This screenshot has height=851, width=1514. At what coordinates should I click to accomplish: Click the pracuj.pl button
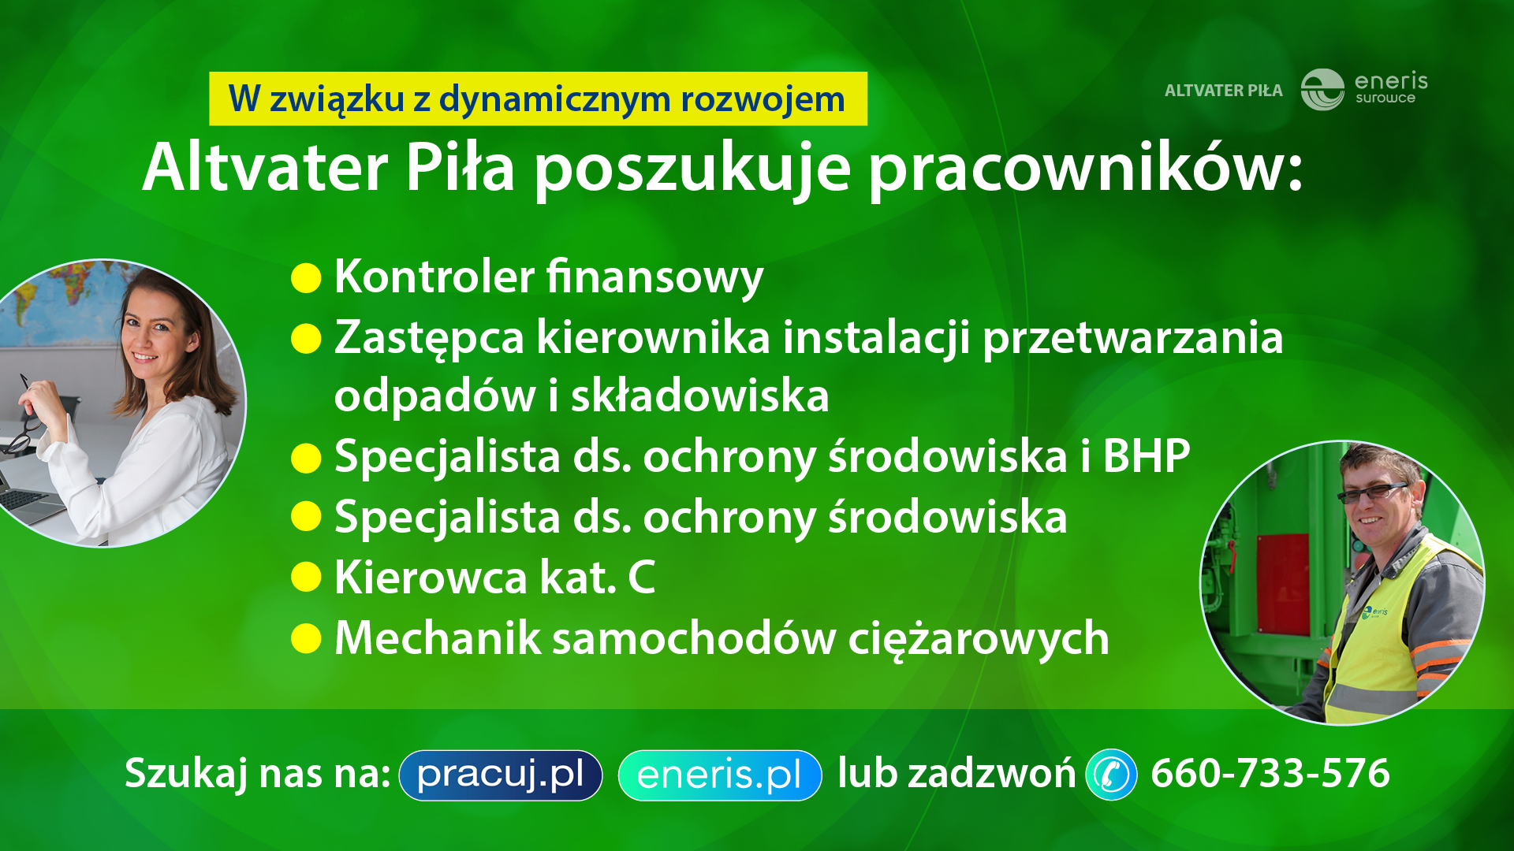click(501, 775)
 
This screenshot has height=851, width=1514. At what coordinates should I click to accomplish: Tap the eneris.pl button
click(720, 775)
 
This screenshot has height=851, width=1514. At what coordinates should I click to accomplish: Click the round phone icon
click(1112, 775)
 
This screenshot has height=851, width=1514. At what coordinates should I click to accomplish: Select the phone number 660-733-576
click(1270, 773)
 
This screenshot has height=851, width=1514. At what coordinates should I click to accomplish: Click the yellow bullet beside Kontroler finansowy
click(306, 278)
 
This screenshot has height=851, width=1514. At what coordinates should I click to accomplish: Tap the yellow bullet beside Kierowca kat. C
click(306, 577)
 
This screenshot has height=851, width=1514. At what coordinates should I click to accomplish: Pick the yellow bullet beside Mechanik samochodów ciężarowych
click(306, 638)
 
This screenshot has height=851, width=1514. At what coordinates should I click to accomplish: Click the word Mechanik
click(438, 637)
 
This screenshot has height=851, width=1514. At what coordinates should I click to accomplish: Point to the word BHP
click(1147, 456)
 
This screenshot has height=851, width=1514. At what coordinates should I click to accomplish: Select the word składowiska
click(700, 396)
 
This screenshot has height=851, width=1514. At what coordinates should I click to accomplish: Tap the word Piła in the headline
click(461, 167)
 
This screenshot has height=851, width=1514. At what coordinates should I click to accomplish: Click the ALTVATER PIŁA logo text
click(1224, 91)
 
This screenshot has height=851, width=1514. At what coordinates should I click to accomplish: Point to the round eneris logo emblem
click(1322, 90)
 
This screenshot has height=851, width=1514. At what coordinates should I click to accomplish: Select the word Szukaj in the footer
click(187, 774)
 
